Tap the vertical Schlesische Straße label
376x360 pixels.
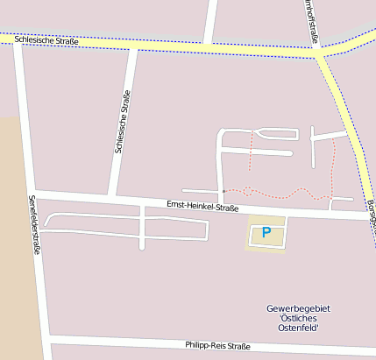123,122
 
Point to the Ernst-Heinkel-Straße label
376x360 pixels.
202,207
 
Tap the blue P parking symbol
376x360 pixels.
266,233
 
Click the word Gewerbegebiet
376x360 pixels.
294,309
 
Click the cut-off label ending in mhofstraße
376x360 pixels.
312,20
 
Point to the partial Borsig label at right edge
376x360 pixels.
371,210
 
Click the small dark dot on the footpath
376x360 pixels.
223,191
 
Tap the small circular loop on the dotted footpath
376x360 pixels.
247,189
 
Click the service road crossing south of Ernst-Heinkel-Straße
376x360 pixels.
142,220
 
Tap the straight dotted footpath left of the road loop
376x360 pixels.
252,150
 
